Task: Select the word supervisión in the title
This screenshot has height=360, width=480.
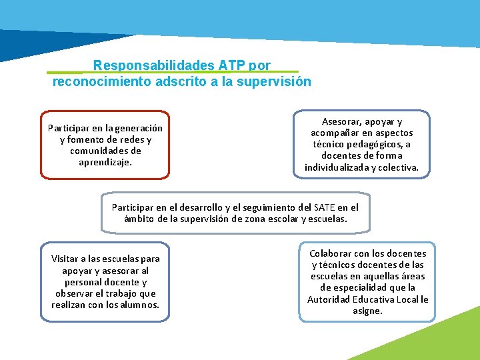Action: point(277,81)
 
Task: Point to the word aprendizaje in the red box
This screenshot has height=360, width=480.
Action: point(105,162)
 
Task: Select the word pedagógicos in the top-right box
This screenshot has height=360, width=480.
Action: point(369,145)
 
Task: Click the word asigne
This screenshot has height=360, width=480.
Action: point(367,311)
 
